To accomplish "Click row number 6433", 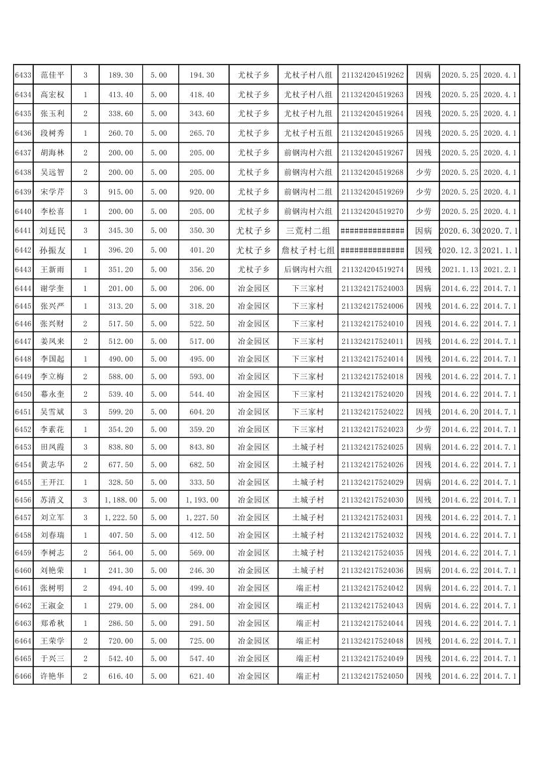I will pos(23,76).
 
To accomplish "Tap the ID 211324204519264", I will pos(372,114).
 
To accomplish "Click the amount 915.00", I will pos(121,193).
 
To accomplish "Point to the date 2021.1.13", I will pos(460,270).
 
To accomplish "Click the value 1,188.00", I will pos(121,500).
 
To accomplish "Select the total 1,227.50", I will pos(202,518).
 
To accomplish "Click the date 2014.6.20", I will pos(460,412).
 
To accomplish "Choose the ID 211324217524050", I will pos(372,676).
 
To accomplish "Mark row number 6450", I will pos(23,394).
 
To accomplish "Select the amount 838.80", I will pos(121,447).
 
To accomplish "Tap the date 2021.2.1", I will pos(500,270).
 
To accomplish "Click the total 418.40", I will pos(202,95).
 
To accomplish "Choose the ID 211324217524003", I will pos(372,288).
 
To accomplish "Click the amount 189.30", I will pos(121,76).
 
